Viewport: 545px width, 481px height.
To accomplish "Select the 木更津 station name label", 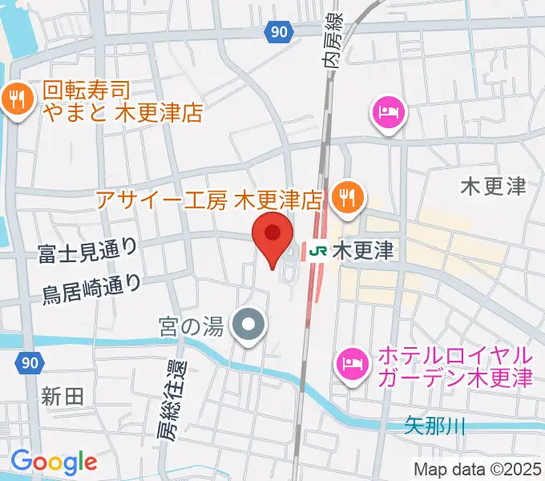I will coord(362,251).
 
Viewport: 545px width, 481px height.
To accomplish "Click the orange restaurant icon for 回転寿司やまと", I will coord(16,100).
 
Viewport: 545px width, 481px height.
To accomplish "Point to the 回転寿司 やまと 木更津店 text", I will coord(120,100).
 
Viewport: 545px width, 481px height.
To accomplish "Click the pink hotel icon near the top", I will coord(389,112).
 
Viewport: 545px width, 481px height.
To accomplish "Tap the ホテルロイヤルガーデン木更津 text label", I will coord(454,366).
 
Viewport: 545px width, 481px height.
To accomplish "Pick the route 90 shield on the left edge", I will coord(29,363).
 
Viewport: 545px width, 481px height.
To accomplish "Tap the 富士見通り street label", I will coord(87,252).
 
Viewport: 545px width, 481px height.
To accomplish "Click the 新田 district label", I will coord(63,395).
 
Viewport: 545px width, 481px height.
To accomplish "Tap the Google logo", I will coord(54,461).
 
